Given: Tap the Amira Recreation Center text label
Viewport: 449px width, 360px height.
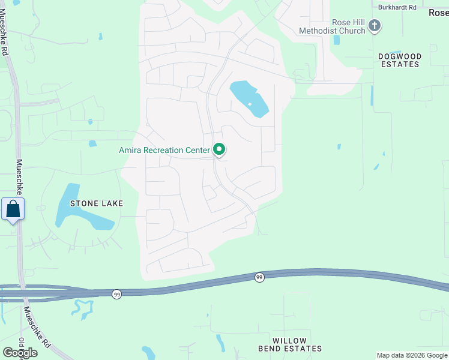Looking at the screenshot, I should (164, 150).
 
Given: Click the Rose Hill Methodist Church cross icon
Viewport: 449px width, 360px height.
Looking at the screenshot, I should (375, 25).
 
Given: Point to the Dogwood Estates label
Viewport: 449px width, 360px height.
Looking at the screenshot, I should (400, 60).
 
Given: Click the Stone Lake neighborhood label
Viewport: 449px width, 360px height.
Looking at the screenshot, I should (97, 203).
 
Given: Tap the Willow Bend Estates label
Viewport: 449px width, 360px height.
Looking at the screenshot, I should (290, 344).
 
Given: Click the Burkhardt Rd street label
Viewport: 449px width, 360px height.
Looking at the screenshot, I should (397, 7).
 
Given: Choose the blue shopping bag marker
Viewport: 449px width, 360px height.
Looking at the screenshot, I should (13, 209).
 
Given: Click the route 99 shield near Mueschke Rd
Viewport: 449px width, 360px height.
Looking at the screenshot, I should (116, 293).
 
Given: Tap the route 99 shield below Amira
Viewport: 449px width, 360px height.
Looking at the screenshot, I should (259, 277).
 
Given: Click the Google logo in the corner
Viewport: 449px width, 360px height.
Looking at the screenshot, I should (19, 353).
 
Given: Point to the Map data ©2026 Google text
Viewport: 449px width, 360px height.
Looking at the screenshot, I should (412, 355).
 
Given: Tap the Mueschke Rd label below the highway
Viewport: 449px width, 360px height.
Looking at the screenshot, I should (37, 327).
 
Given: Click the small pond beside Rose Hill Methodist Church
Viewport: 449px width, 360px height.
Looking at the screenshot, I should (336, 40).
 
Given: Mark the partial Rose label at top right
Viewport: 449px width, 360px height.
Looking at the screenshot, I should (438, 12).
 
